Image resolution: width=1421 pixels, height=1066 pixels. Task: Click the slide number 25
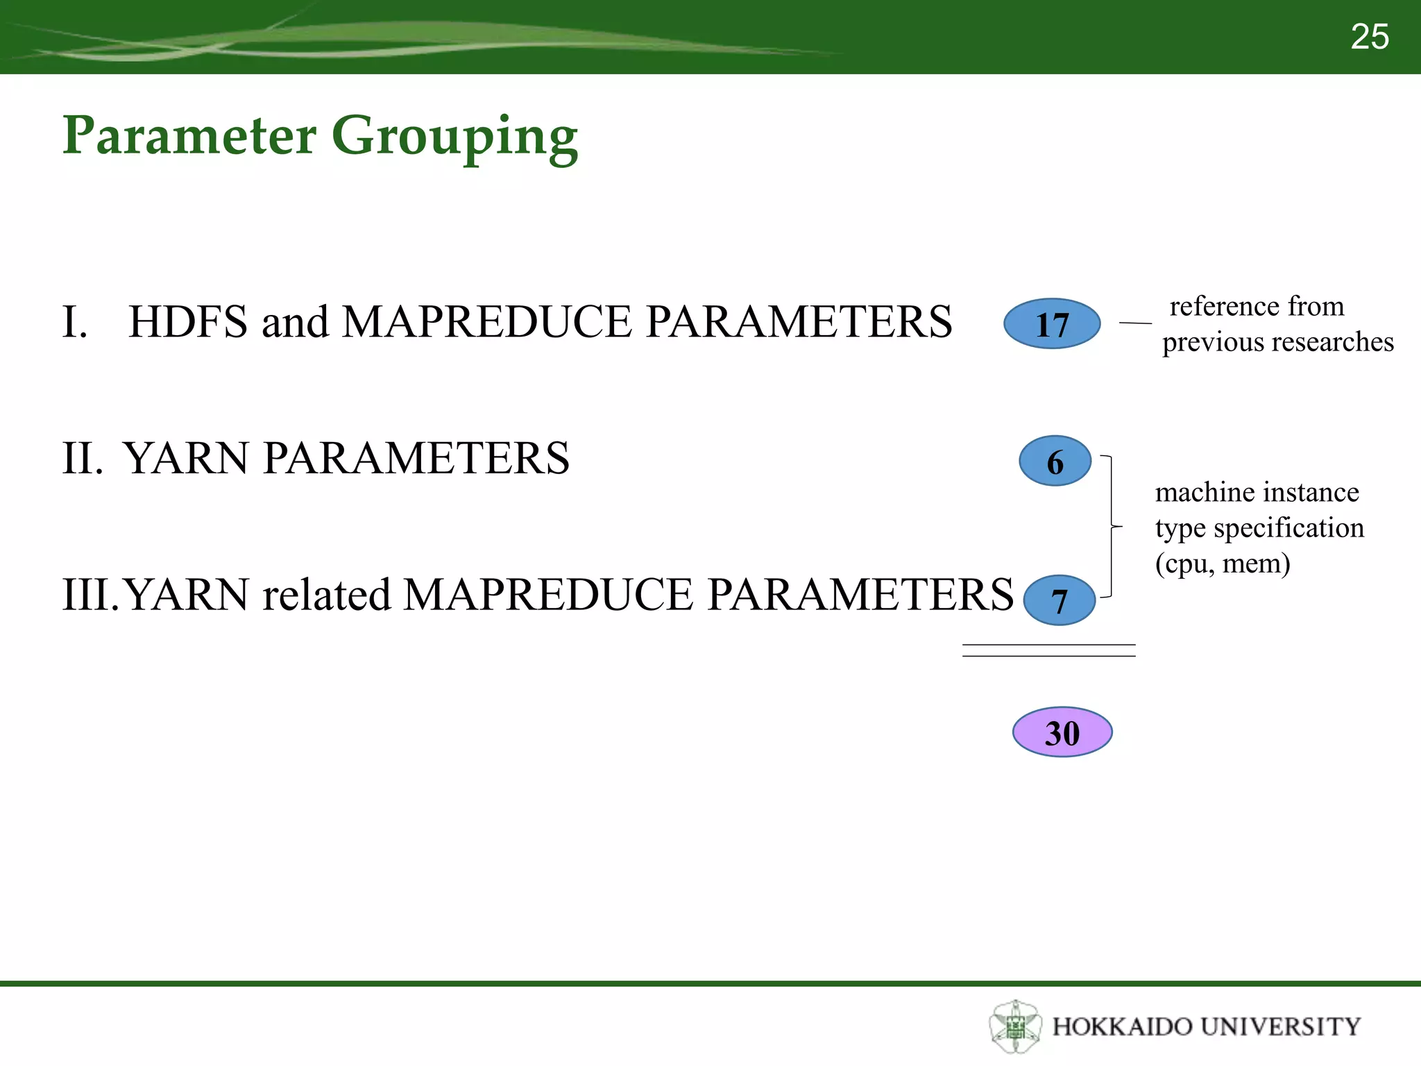(x=1369, y=37)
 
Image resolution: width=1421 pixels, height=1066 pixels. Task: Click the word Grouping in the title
(x=454, y=137)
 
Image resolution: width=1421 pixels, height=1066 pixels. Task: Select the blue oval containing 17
(x=1052, y=324)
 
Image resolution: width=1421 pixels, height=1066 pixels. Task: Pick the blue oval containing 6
(x=1055, y=462)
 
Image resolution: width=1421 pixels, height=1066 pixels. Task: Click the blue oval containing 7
(x=1059, y=600)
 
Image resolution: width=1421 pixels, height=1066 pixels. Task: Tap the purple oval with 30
(x=1062, y=733)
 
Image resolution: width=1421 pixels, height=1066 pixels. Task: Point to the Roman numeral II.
(x=82, y=459)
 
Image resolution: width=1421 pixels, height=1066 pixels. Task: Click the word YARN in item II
(x=185, y=459)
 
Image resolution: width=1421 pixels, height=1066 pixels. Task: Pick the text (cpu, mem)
(x=1222, y=564)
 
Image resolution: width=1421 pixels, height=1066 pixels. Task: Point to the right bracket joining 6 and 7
(x=1112, y=527)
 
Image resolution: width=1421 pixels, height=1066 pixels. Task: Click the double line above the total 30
(x=1048, y=650)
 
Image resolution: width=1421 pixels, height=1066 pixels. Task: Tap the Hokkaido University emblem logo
(x=1015, y=1026)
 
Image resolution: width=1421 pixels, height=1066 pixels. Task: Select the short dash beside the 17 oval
(x=1135, y=323)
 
